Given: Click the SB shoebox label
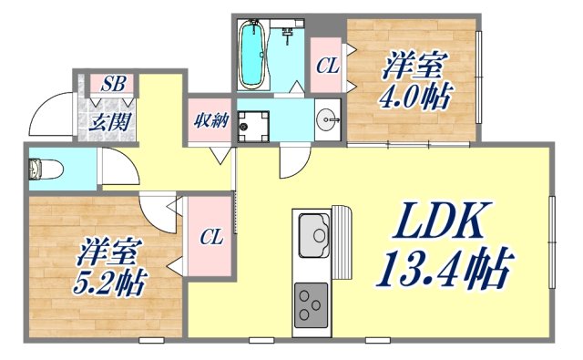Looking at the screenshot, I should [114, 84].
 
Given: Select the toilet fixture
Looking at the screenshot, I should [39, 169].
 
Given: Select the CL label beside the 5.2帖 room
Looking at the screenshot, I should [211, 238].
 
